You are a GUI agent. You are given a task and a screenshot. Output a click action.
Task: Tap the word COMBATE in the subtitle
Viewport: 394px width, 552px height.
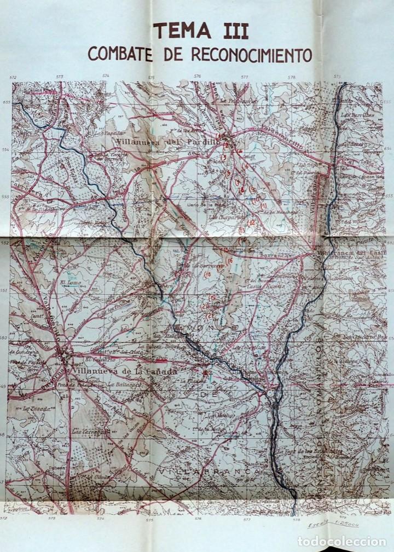tap(122, 54)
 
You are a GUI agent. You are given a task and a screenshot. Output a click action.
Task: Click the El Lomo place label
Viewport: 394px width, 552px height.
tap(70, 283)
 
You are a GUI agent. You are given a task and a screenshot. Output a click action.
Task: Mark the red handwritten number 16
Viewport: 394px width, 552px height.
tap(230, 260)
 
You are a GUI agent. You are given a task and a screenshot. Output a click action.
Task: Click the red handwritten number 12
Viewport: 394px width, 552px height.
tap(252, 222)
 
